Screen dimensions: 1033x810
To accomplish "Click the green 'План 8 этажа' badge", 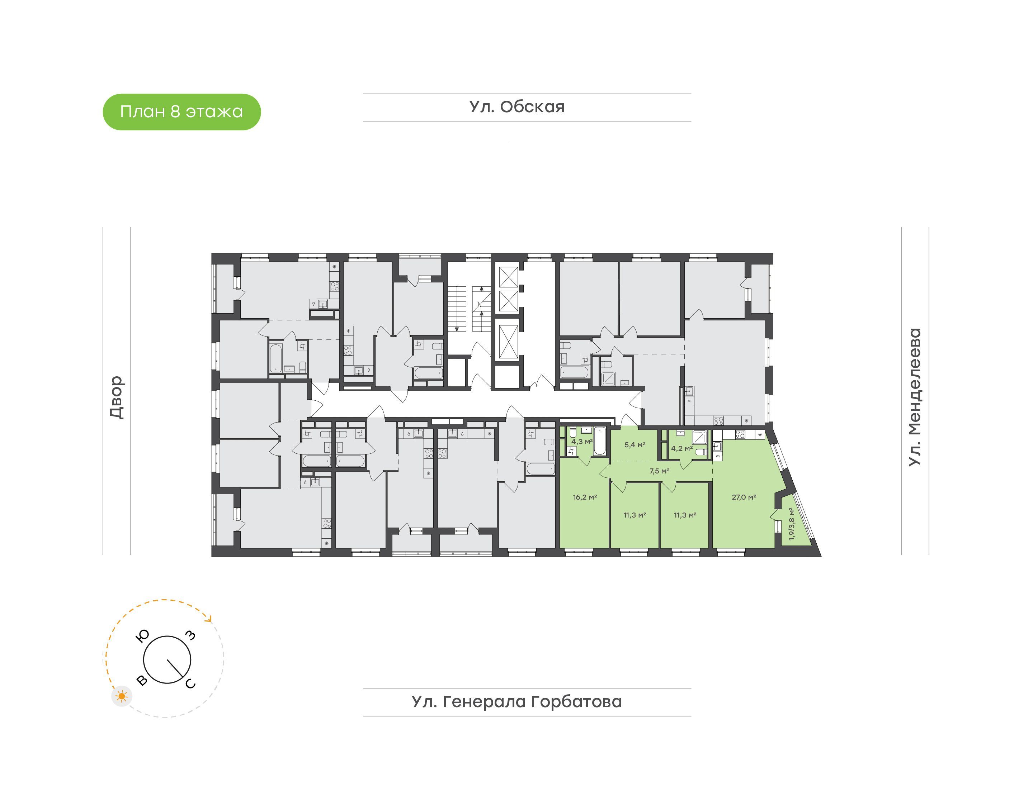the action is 182,112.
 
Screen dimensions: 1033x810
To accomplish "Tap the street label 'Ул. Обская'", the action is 517,107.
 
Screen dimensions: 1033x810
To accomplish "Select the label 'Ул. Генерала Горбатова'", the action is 517,701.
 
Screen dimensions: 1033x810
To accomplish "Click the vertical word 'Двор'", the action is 117,397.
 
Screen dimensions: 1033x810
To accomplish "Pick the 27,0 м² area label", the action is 744,497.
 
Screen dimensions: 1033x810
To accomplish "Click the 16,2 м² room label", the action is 585,497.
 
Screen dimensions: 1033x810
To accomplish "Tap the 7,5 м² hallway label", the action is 659,471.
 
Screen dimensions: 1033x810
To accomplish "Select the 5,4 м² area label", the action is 635,445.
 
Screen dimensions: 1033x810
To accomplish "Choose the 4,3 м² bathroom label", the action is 582,441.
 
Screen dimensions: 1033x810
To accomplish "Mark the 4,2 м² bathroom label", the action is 682,448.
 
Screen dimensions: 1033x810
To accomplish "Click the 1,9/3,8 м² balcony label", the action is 791,524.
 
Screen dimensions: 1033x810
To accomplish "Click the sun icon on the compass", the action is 122,696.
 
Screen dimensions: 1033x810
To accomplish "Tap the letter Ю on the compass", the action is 142,635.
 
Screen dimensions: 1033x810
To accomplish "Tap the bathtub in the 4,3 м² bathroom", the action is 600,441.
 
